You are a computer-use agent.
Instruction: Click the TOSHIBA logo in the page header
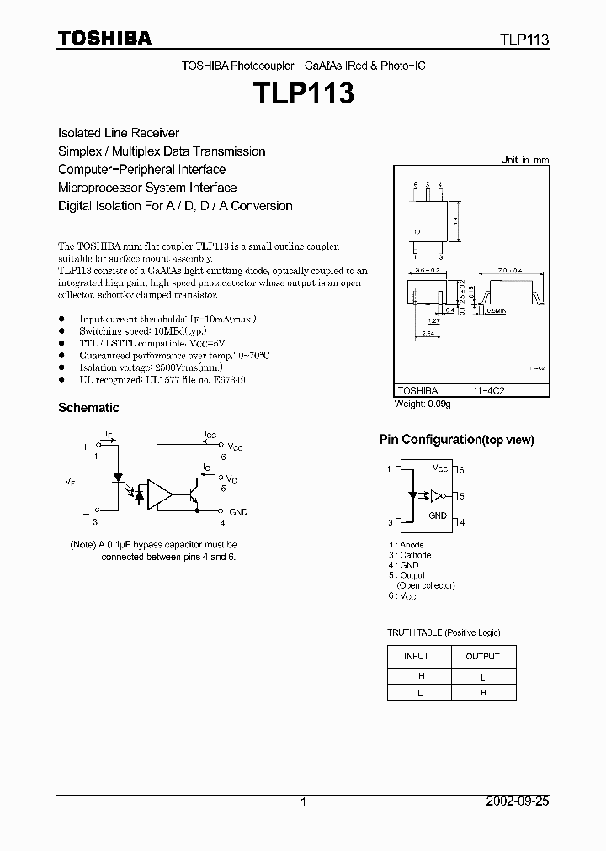[104, 38]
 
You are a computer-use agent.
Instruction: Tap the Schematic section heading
[88, 408]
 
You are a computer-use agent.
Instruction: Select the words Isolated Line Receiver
[119, 133]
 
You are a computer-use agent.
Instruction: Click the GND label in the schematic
[238, 511]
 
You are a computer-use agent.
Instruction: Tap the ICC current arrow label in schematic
[210, 436]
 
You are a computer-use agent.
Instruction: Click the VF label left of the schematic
[69, 481]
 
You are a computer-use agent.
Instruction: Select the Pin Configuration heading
[456, 440]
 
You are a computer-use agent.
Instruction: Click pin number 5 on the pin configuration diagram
[462, 496]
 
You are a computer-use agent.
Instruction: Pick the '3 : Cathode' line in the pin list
[409, 555]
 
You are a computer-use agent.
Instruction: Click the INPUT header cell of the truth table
[417, 656]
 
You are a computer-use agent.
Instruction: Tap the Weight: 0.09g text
[423, 404]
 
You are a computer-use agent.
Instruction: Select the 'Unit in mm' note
[524, 160]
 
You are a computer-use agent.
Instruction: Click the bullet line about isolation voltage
[151, 367]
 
